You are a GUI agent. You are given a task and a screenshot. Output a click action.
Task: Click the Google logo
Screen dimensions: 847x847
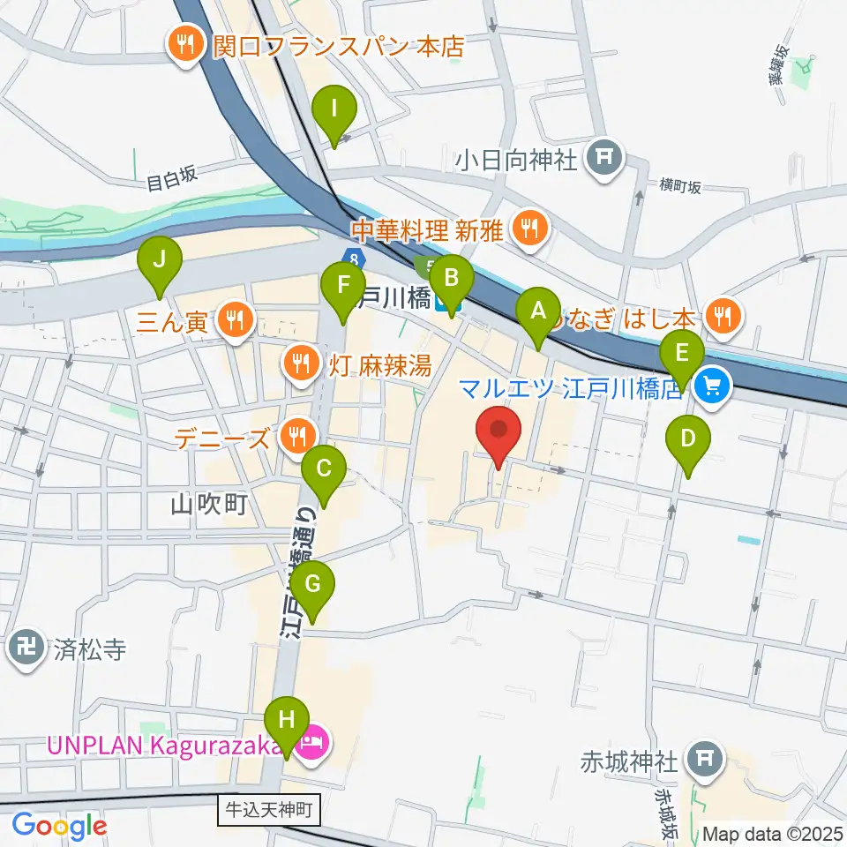pyautogui.click(x=59, y=826)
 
